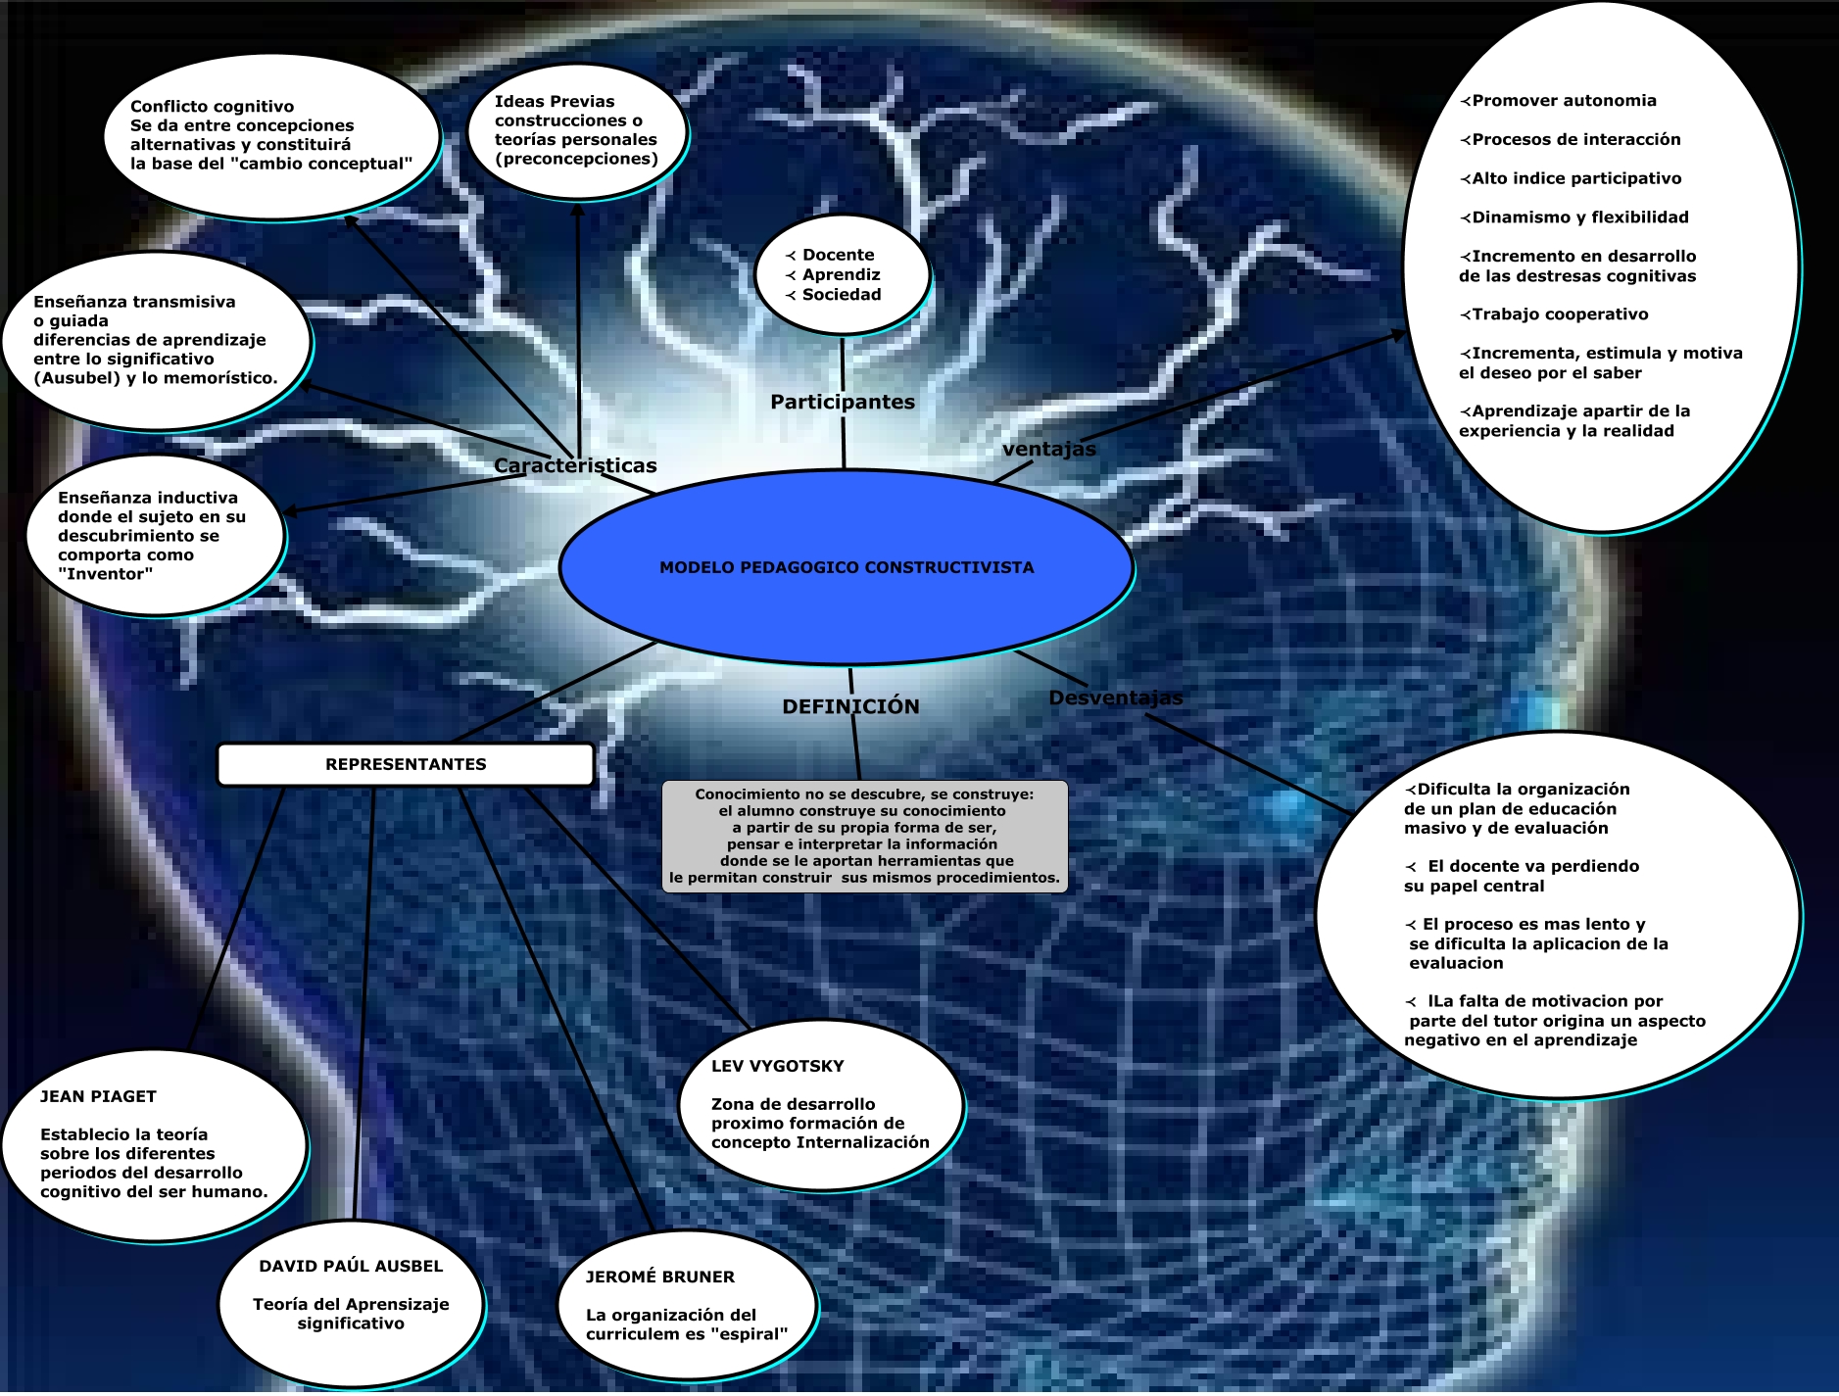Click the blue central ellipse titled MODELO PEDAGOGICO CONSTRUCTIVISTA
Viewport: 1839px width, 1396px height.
pos(846,567)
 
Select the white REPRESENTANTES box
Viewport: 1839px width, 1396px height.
pos(405,764)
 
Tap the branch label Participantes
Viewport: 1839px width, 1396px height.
pos(842,402)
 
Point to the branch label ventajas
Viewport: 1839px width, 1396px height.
pos(1048,449)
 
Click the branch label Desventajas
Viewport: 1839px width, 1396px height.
pos(1115,698)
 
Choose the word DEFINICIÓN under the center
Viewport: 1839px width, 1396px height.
pos(850,706)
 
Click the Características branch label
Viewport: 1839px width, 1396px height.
pos(575,465)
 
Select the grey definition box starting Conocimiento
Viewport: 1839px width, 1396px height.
pos(864,836)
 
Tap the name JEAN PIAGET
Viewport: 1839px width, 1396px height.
pos(98,1096)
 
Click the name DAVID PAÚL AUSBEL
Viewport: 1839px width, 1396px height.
pos(351,1266)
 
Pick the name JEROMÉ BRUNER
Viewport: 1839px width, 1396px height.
pos(659,1276)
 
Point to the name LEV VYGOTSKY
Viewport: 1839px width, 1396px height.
pos(777,1066)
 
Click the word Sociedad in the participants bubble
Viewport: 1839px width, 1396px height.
pos(842,294)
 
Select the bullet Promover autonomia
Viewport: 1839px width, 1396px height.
pos(1564,100)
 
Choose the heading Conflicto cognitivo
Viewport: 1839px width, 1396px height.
pos(212,106)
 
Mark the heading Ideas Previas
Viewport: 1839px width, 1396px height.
pos(555,101)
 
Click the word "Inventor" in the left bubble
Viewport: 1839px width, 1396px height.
pos(106,573)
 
